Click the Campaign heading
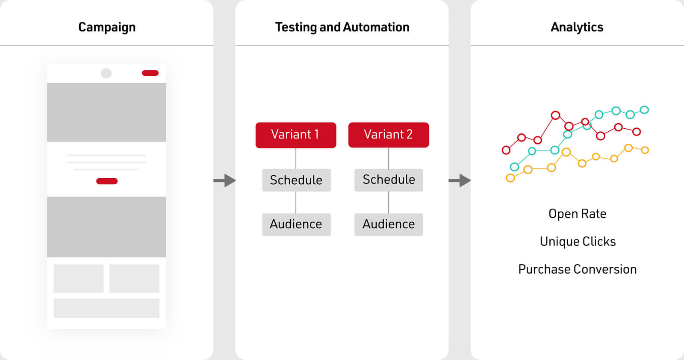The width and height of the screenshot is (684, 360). pyautogui.click(x=107, y=27)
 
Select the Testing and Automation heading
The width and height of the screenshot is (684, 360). pyautogui.click(x=342, y=27)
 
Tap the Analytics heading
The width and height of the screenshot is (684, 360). pyautogui.click(x=577, y=27)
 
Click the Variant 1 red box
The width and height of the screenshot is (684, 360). pyautogui.click(x=295, y=135)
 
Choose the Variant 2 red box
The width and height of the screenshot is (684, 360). pyautogui.click(x=389, y=135)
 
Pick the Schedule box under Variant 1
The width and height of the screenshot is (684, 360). pyautogui.click(x=296, y=180)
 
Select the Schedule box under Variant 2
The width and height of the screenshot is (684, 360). pyautogui.click(x=389, y=180)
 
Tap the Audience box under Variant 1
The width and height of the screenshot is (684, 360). pyautogui.click(x=296, y=224)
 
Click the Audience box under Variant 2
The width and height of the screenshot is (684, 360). pyautogui.click(x=389, y=224)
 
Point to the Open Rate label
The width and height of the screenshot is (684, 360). pyautogui.click(x=577, y=214)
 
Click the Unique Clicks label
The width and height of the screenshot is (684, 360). pyautogui.click(x=578, y=242)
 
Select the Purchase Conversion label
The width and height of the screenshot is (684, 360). pyautogui.click(x=577, y=269)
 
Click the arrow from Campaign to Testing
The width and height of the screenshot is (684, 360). pyautogui.click(x=224, y=180)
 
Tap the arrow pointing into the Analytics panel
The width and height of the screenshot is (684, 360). pyautogui.click(x=460, y=180)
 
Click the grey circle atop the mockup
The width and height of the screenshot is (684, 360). pyautogui.click(x=106, y=73)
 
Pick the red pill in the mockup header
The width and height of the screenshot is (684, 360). pyautogui.click(x=150, y=73)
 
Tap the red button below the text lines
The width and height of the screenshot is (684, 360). pyautogui.click(x=107, y=181)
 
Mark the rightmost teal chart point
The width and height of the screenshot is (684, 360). pyautogui.click(x=644, y=109)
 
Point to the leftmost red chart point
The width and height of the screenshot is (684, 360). pyautogui.click(x=506, y=150)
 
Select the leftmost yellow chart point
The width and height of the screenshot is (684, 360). pyautogui.click(x=510, y=178)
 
